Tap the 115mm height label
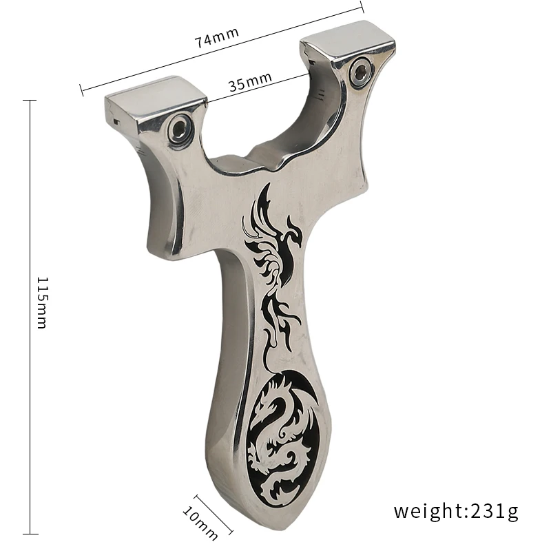(41, 302)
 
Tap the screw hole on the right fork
(359, 72)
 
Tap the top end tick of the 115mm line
(29, 101)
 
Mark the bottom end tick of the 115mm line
(29, 532)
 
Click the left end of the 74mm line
(81, 90)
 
